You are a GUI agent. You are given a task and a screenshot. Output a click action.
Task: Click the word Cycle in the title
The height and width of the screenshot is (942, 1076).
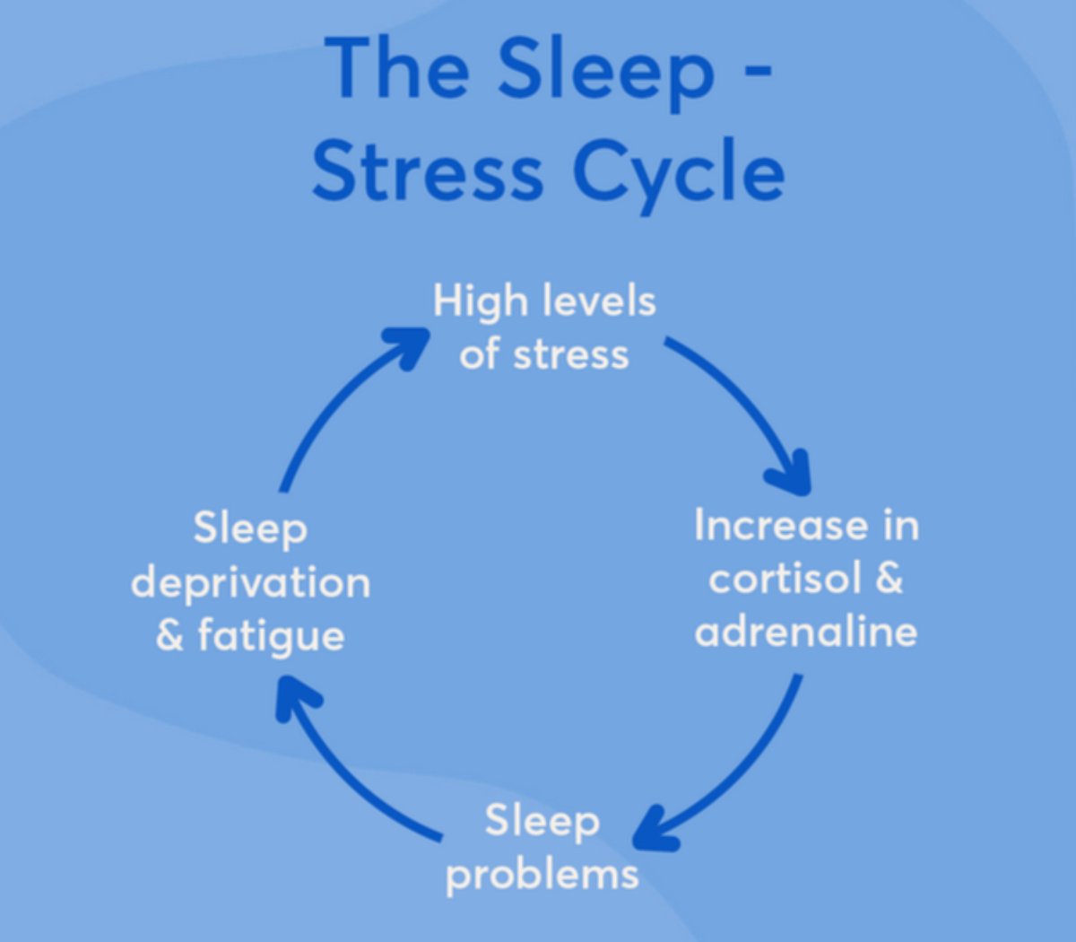(678, 171)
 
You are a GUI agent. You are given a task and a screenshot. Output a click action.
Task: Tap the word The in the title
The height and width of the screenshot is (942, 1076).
(395, 69)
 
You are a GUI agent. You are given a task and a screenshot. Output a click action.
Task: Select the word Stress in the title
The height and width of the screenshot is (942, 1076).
(428, 171)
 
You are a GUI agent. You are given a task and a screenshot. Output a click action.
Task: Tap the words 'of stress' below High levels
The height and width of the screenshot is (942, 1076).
(544, 355)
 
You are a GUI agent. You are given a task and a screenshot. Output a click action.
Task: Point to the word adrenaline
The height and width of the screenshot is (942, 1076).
(805, 631)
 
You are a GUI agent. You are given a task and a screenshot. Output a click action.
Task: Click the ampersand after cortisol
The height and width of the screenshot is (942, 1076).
(887, 579)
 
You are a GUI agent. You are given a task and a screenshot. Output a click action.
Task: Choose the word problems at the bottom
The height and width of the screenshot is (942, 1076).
(542, 873)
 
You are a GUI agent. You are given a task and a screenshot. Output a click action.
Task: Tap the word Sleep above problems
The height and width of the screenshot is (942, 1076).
(542, 821)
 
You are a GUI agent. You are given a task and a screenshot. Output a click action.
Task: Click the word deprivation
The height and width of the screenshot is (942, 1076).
(250, 583)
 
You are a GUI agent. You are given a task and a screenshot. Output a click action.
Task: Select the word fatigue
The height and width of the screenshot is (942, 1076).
(271, 636)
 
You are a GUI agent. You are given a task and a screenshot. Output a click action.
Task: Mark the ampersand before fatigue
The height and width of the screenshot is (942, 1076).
(169, 636)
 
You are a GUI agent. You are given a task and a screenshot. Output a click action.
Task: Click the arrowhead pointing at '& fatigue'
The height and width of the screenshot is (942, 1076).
(295, 695)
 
